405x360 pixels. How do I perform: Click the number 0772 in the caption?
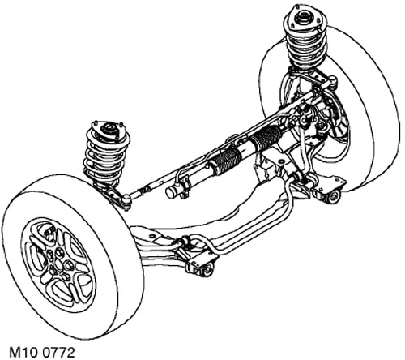pos(58,353)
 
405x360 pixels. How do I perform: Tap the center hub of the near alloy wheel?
pos(58,265)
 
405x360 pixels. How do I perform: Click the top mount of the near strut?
pos(109,130)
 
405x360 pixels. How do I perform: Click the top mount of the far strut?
pos(305,19)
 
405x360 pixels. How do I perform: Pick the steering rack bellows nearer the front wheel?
pos(225,162)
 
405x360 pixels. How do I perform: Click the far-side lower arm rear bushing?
pos(335,195)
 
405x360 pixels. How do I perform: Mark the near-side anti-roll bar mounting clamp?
pos(185,242)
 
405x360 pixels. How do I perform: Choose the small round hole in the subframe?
pos(151,236)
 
